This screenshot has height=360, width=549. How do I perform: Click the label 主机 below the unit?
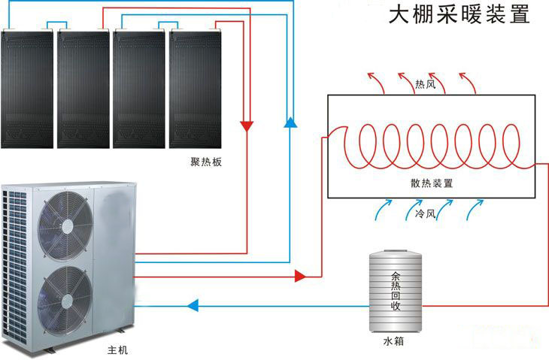coord(118,350)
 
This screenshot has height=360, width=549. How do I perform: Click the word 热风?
coord(425,84)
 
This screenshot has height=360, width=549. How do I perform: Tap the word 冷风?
coord(425,214)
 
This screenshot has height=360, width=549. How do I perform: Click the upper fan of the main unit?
coord(64,219)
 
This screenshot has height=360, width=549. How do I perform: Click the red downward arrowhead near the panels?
coord(246,126)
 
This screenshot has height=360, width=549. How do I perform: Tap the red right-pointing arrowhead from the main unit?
coord(300,276)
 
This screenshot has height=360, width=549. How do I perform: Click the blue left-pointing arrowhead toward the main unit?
coord(193,305)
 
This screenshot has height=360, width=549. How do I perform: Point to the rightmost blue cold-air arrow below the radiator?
coord(474,210)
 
